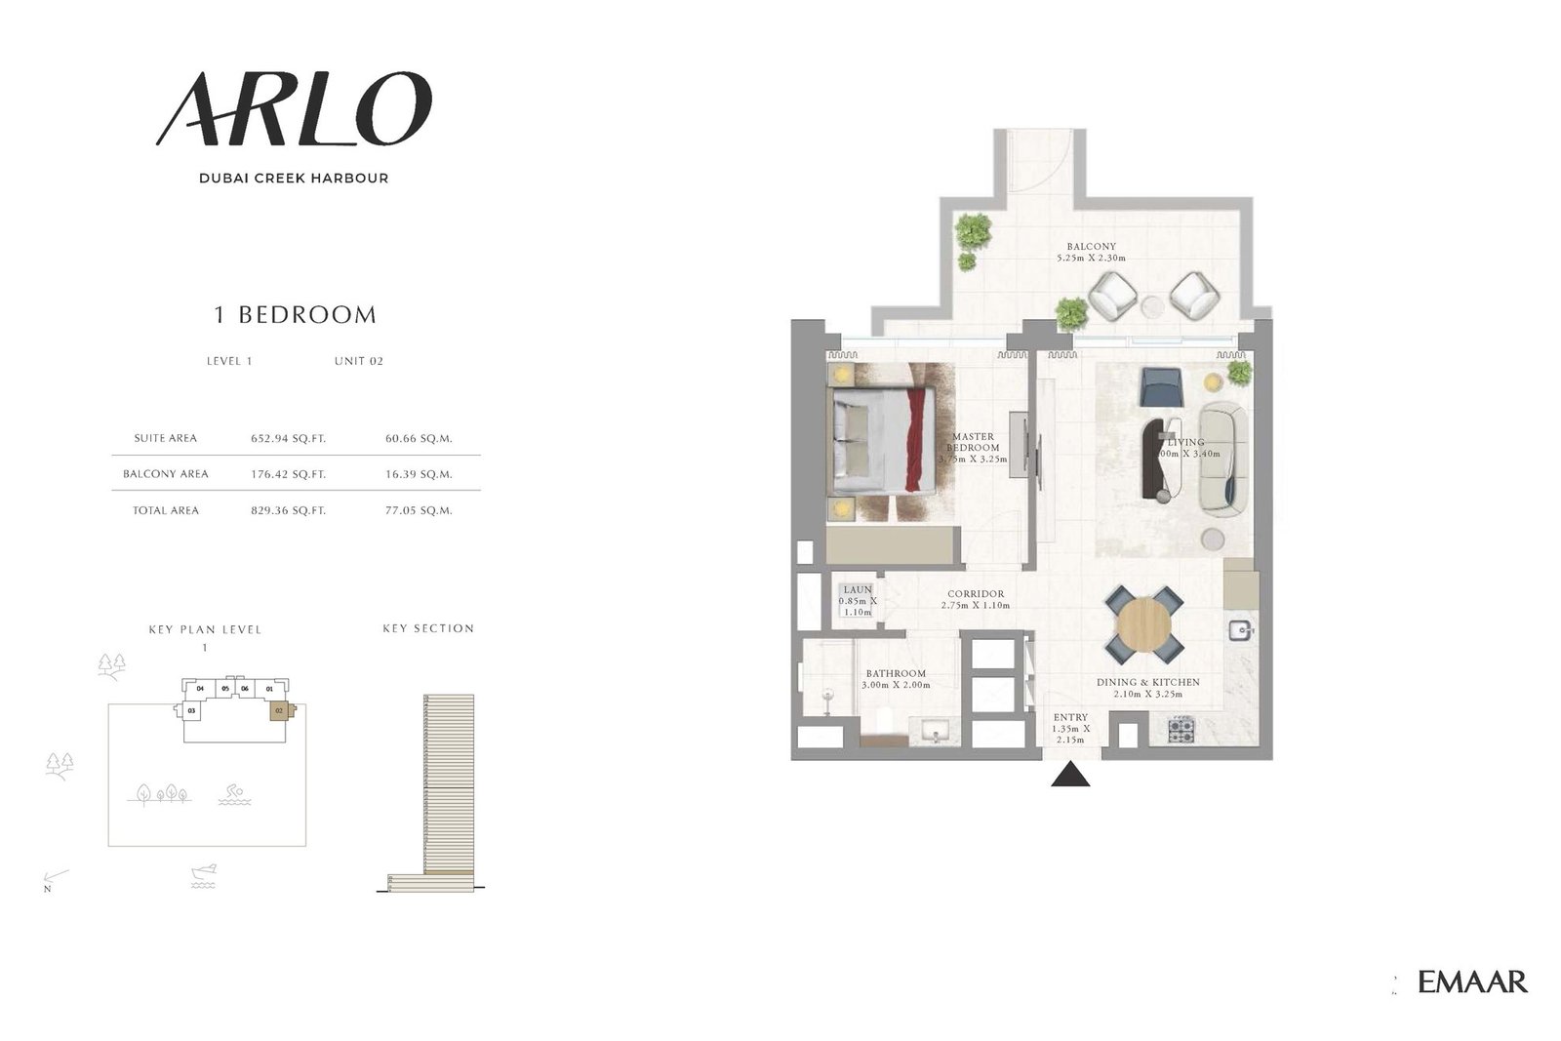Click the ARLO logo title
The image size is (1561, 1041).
tap(294, 109)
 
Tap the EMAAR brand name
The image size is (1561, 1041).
tap(1472, 981)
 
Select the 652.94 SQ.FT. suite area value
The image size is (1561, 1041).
tap(288, 439)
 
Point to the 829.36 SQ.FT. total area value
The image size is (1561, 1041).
tap(288, 510)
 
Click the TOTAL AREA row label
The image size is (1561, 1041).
tap(166, 510)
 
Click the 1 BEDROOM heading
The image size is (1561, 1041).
tap(295, 314)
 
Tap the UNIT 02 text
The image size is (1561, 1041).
tap(358, 361)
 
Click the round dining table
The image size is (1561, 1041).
tap(1143, 623)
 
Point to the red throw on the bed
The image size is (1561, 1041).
tap(914, 440)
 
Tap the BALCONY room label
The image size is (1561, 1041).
tap(1091, 247)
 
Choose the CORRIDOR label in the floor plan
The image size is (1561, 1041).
tap(976, 594)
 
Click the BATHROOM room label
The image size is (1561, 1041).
tap(896, 674)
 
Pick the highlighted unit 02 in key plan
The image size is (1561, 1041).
tap(280, 710)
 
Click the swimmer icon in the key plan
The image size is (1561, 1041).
tap(231, 795)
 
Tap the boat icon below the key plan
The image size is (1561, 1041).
tap(204, 875)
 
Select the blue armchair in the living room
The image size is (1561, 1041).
tap(1161, 387)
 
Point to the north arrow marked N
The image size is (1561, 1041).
tap(54, 879)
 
